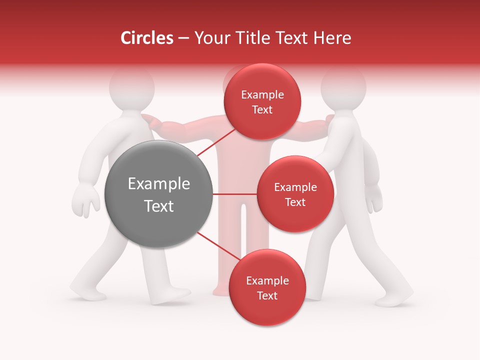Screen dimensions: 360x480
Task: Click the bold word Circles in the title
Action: click(x=146, y=38)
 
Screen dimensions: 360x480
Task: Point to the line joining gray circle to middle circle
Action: click(x=234, y=194)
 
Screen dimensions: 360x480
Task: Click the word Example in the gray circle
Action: click(x=158, y=184)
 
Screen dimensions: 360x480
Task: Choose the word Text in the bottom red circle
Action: click(x=267, y=295)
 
